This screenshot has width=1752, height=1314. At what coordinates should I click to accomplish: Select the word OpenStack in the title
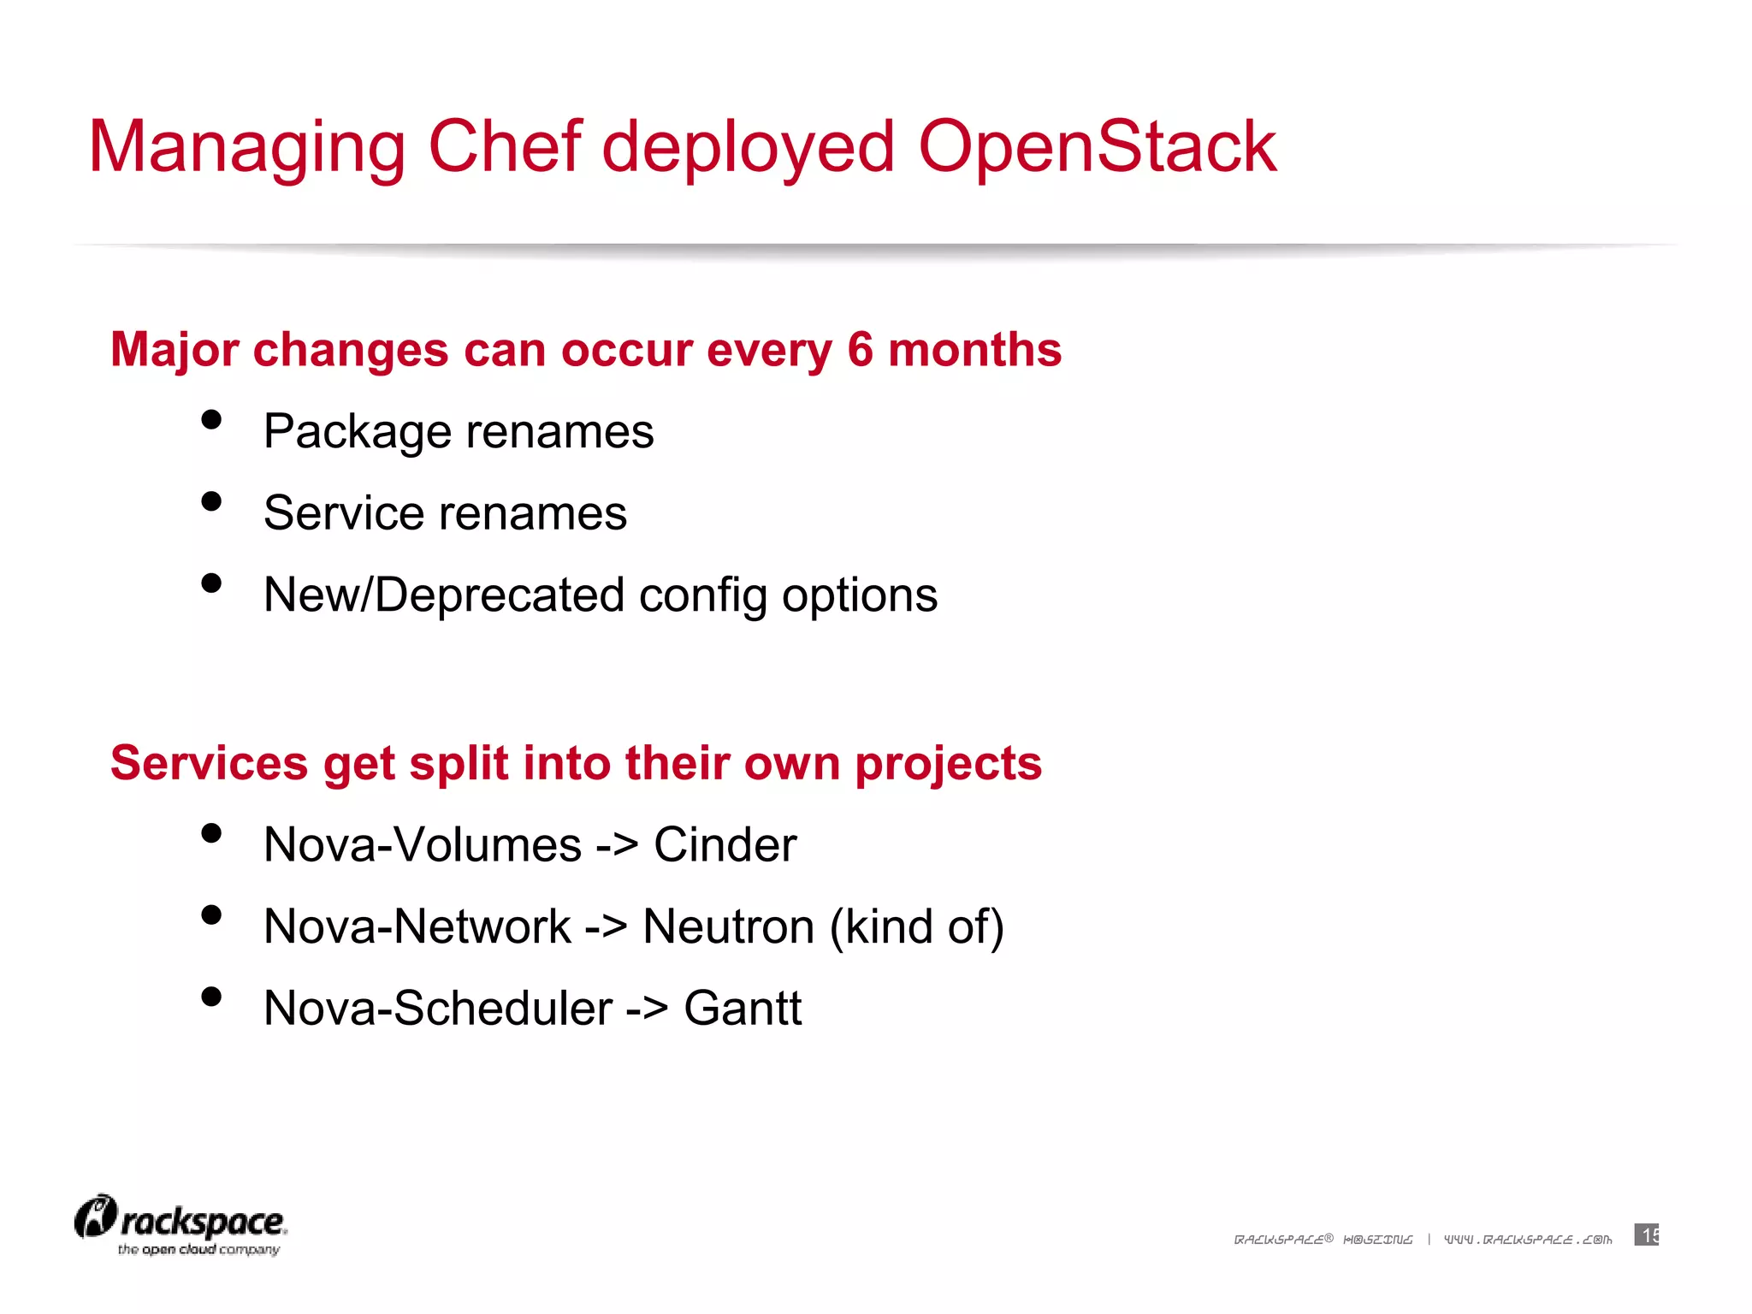(x=1097, y=147)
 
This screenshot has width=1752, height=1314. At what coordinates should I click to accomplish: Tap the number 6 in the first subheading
(x=860, y=350)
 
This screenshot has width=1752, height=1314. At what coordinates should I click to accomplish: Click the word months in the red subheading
(x=974, y=350)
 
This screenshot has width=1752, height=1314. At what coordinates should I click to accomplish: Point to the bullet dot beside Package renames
(x=211, y=419)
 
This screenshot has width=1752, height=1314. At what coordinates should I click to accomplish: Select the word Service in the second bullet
(x=343, y=513)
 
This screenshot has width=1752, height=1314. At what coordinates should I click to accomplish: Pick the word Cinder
(x=725, y=845)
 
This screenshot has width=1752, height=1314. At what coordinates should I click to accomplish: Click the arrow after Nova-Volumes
(x=617, y=846)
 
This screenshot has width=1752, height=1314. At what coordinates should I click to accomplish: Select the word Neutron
(x=728, y=926)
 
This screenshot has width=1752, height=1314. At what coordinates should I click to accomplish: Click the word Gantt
(x=743, y=1008)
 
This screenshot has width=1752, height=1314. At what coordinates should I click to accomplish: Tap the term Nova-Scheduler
(x=438, y=1008)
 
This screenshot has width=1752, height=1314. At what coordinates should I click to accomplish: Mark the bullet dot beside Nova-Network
(x=211, y=915)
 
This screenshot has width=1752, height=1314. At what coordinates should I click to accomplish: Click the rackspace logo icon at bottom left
(x=95, y=1217)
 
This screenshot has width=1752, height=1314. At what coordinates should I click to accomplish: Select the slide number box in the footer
(x=1646, y=1235)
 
